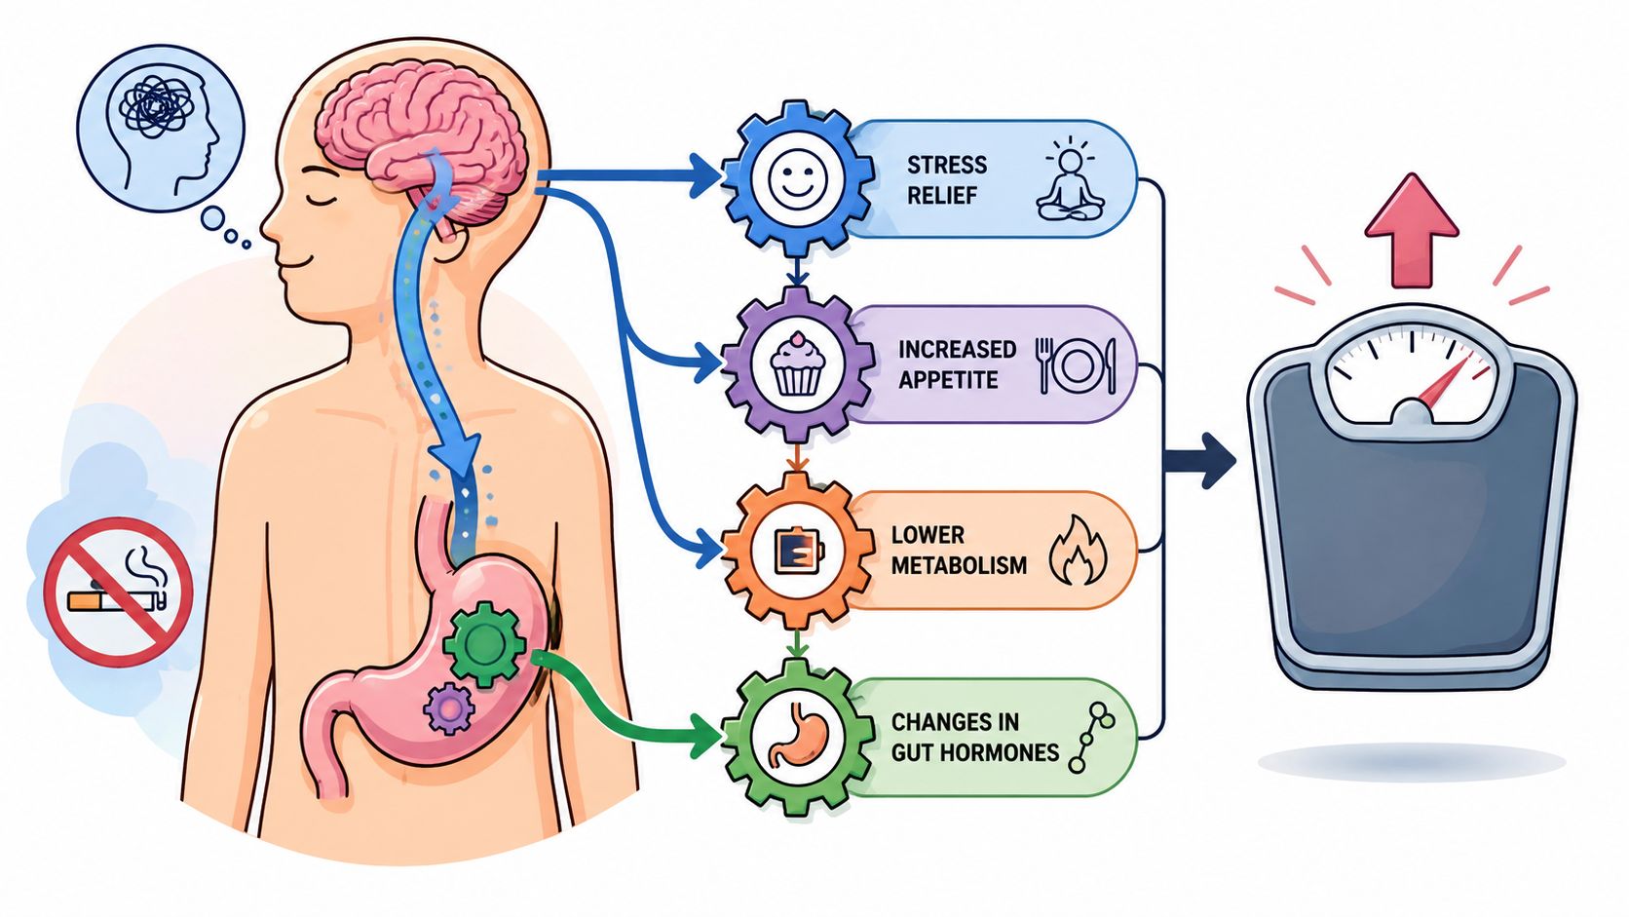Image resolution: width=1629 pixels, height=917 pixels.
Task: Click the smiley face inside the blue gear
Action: (798, 178)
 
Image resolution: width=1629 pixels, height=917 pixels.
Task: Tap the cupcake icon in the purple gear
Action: (798, 363)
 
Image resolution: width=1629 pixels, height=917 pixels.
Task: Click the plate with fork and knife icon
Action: (1076, 365)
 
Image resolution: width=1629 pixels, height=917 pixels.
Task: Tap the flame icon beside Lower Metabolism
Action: (1078, 551)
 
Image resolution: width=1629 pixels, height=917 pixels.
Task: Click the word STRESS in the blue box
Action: (947, 165)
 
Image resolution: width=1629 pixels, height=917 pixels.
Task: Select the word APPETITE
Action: (948, 380)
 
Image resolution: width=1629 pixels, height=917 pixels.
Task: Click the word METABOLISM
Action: (960, 565)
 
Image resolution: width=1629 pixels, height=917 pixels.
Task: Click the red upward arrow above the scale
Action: (1412, 231)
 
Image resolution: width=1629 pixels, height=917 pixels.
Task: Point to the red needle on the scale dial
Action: (1444, 380)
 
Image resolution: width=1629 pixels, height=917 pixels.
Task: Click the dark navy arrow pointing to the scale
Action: (1199, 460)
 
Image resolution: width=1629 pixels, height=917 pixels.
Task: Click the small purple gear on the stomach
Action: (449, 708)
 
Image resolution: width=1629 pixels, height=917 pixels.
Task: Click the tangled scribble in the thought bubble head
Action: (156, 106)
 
